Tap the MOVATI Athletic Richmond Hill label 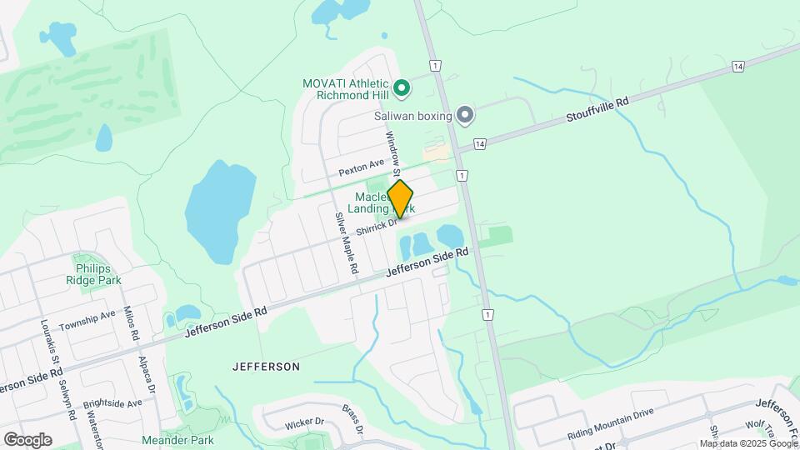(x=345, y=89)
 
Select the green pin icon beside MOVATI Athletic (x=401, y=87)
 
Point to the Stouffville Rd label (x=597, y=111)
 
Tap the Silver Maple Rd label (x=347, y=243)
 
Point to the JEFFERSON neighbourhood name (x=265, y=367)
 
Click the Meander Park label (x=177, y=440)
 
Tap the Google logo (x=27, y=439)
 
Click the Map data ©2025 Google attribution (x=747, y=443)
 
